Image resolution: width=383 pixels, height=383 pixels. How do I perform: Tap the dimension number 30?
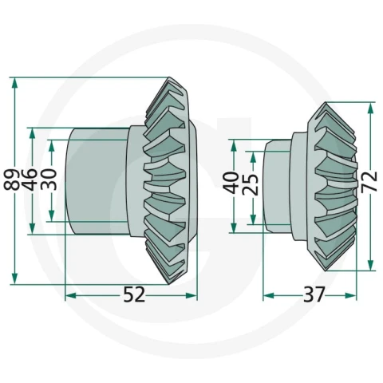click(x=49, y=180)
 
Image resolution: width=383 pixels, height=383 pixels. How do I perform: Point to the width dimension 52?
click(x=134, y=294)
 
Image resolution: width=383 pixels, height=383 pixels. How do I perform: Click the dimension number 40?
click(x=231, y=183)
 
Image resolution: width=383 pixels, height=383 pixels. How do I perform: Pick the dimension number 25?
click(x=251, y=184)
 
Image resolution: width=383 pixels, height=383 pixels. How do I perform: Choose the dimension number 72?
click(x=369, y=181)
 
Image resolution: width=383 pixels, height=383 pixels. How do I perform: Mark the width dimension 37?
click(x=314, y=294)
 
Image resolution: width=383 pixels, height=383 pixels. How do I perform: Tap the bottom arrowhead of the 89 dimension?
click(x=14, y=278)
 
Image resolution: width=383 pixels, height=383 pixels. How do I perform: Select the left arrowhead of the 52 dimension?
click(x=71, y=295)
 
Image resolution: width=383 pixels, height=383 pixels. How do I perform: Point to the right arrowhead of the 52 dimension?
click(x=191, y=295)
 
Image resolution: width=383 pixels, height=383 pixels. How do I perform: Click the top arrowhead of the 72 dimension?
click(x=370, y=108)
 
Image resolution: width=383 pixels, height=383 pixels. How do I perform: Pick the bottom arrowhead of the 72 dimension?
click(x=370, y=265)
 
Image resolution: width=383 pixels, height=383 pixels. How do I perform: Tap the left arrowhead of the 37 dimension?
click(x=269, y=295)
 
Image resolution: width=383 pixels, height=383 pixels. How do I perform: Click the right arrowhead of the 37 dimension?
click(x=350, y=295)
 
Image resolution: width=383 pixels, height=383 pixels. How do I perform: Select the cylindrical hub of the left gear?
click(x=97, y=181)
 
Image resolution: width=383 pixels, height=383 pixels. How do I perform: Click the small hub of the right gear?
click(x=277, y=186)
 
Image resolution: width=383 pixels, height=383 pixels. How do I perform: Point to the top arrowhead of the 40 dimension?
click(x=234, y=145)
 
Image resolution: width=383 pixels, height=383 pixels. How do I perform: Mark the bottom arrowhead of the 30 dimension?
click(x=52, y=215)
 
